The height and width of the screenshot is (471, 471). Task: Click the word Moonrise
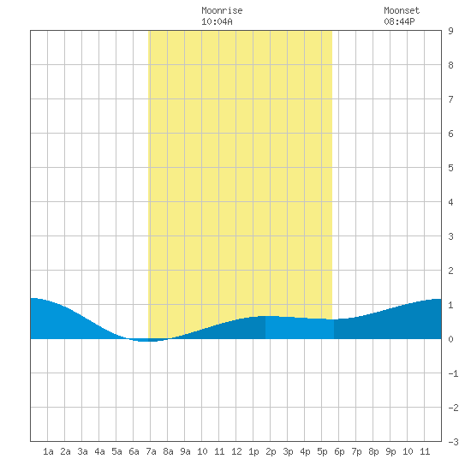[222, 10]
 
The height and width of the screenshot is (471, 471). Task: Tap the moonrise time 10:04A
[217, 21]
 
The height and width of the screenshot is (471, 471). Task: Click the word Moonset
[402, 10]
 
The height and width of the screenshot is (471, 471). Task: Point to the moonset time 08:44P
[400, 21]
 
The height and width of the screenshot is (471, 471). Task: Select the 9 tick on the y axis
[450, 31]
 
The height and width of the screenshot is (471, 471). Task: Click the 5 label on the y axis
[450, 168]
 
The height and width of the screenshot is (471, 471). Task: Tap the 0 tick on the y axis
[450, 339]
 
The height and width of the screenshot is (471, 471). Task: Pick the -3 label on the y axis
[454, 442]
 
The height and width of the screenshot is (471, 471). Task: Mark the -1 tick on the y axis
[454, 373]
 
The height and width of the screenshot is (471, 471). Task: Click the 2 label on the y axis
[450, 271]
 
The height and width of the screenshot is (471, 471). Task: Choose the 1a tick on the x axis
[48, 451]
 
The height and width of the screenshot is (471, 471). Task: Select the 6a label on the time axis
[134, 451]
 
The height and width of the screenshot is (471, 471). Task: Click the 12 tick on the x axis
[236, 451]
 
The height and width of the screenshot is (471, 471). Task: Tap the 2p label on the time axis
[271, 451]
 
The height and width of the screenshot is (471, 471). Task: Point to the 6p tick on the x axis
[339, 451]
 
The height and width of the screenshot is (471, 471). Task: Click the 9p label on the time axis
[391, 451]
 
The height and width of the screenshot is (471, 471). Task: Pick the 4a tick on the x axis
[99, 451]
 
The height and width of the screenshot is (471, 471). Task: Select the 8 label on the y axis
[450, 65]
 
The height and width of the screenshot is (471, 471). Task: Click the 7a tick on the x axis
[151, 451]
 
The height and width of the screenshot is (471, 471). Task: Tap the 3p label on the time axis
[288, 451]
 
